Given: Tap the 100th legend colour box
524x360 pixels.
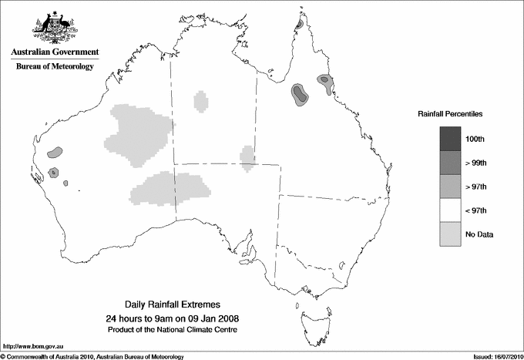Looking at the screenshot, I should tap(451, 139).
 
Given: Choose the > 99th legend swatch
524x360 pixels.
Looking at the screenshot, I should tap(451, 163).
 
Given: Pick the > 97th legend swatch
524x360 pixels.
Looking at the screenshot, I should tap(451, 187).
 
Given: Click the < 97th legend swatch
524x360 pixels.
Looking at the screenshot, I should tap(451, 210).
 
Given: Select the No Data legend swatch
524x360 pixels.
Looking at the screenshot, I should tap(451, 234).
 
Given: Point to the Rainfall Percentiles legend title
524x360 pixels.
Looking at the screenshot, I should tap(450, 113).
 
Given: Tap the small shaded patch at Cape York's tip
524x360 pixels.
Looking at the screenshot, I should tap(299, 25).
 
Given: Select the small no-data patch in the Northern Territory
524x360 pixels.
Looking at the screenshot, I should tap(201, 101).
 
